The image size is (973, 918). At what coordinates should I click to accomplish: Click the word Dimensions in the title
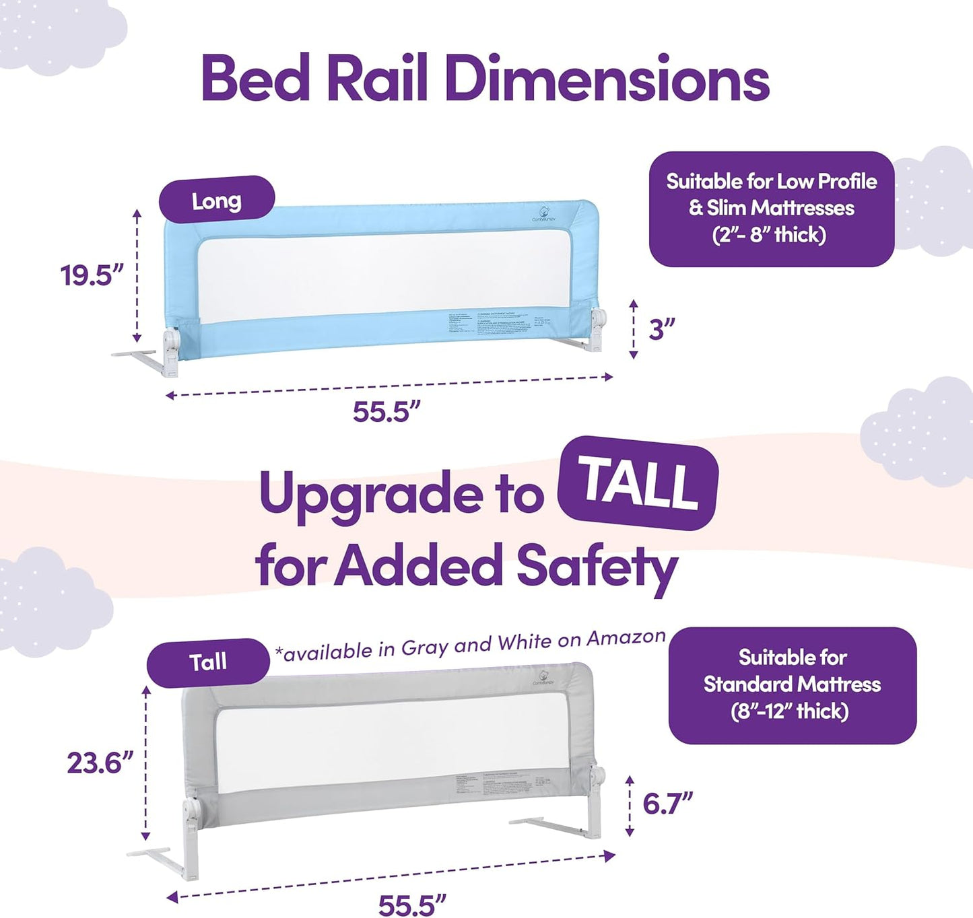click(606, 79)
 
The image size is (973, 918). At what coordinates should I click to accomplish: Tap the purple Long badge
click(216, 200)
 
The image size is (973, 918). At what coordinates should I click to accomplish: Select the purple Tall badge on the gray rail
click(208, 662)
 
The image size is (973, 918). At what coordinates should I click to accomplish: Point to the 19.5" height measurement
click(92, 275)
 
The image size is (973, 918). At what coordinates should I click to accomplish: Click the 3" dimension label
click(661, 330)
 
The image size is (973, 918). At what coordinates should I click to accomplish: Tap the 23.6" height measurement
click(100, 763)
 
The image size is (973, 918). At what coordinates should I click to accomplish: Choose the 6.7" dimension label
click(667, 803)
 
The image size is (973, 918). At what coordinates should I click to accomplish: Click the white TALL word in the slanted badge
click(638, 483)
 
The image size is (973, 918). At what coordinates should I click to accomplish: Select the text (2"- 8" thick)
click(769, 235)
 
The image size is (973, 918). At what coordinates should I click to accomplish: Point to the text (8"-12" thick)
click(790, 711)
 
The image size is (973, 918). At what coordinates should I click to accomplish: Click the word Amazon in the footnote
click(626, 638)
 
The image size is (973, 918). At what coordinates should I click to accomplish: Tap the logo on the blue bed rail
click(543, 211)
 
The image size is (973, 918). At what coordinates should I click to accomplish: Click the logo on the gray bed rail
click(543, 676)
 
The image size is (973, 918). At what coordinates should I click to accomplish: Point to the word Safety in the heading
click(596, 567)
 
